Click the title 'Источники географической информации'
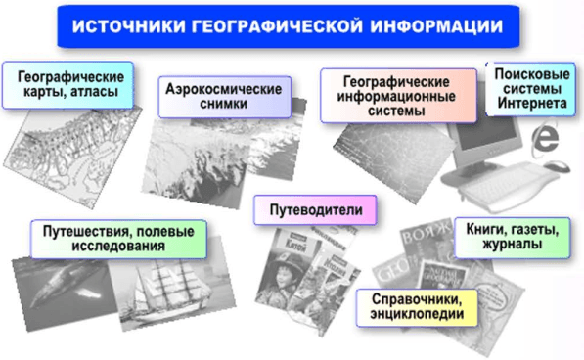click(x=291, y=25)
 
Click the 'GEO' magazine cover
click(x=416, y=270)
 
